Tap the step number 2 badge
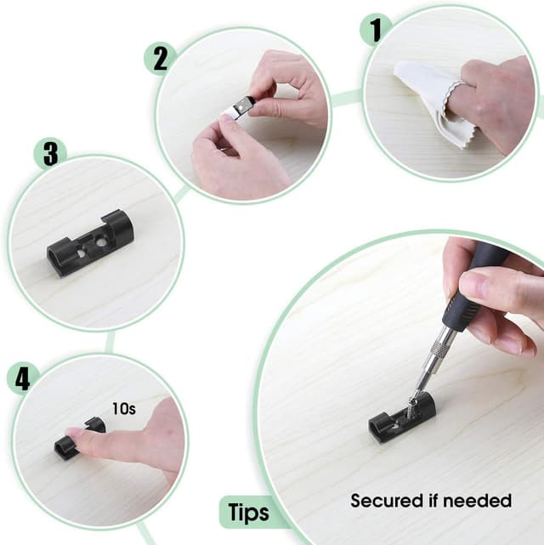[x=160, y=57]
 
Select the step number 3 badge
[x=50, y=154]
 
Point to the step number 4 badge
[x=23, y=378]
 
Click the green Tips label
[x=247, y=513]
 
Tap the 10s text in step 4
[x=124, y=408]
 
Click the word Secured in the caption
[x=385, y=501]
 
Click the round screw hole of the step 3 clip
[x=100, y=242]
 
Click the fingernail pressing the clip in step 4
[x=77, y=434]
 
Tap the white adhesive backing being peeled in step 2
[x=230, y=112]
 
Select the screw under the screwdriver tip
[x=416, y=399]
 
